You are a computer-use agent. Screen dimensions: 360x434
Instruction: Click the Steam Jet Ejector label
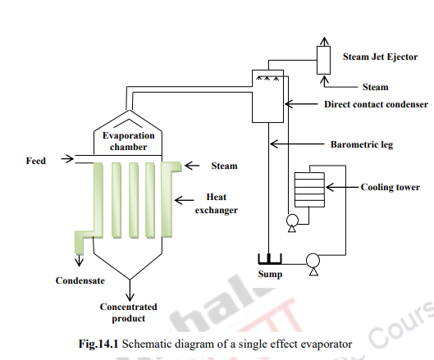point(379,57)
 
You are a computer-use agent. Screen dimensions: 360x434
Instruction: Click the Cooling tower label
point(391,187)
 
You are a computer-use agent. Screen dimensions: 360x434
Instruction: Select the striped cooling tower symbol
point(309,188)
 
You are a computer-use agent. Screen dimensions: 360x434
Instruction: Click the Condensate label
point(80,281)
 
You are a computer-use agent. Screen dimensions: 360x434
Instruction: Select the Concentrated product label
point(128,312)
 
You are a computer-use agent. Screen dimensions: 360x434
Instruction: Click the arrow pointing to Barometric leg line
point(299,145)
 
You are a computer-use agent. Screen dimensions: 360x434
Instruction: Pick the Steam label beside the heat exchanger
point(224,166)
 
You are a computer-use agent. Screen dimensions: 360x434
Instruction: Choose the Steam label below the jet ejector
point(375,86)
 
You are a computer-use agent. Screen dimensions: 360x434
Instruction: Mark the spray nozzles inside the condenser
point(267,80)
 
